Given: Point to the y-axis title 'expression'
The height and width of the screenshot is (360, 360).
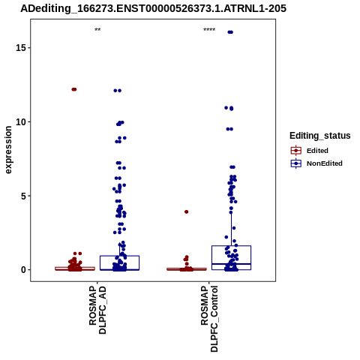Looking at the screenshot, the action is [x=8, y=150].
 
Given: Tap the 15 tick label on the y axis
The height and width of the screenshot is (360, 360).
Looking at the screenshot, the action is [x=21, y=48].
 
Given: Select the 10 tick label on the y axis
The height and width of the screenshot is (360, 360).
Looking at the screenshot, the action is [x=21, y=122].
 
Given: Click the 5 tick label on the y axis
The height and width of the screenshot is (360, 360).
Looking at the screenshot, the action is [x=23, y=196].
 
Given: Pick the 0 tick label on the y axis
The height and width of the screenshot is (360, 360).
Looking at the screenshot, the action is [x=23, y=270].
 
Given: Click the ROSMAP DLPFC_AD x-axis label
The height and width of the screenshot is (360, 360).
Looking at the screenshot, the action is [x=97, y=310].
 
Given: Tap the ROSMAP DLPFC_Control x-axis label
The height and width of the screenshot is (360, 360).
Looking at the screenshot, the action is [x=209, y=319].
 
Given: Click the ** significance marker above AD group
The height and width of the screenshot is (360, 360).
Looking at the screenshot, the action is [x=97, y=30].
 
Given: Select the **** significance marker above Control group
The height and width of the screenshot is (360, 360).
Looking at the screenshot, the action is [x=209, y=30].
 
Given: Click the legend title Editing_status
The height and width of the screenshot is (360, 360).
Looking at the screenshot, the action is [x=320, y=136].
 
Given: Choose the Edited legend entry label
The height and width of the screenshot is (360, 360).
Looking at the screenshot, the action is [x=317, y=151].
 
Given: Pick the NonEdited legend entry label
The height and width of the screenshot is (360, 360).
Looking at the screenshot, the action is [x=325, y=163].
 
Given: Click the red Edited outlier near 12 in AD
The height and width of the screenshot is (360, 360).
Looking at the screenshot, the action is [x=74, y=89].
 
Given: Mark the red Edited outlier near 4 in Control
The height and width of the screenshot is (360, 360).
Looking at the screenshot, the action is [x=186, y=211].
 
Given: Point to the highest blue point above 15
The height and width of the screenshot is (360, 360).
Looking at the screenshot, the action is [x=230, y=32].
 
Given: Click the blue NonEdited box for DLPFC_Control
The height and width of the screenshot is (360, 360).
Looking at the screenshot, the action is [x=231, y=246].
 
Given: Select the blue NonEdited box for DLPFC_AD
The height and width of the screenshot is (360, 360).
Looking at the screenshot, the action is [x=119, y=256].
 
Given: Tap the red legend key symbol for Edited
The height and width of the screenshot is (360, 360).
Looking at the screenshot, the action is [x=296, y=151].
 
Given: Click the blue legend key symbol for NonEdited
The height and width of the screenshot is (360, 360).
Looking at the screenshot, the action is [x=296, y=163].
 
